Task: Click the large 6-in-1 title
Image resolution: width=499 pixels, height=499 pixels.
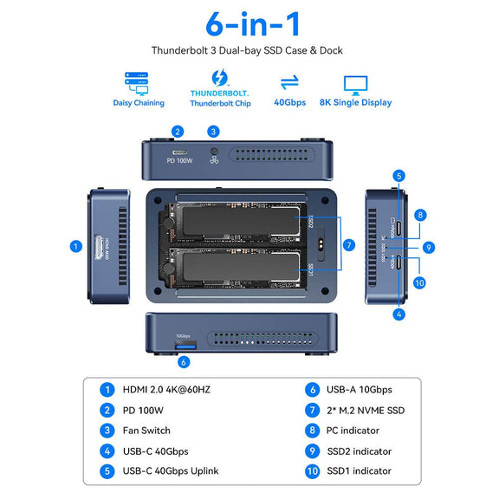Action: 249,23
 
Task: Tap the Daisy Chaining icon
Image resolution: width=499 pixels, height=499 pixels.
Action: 137,82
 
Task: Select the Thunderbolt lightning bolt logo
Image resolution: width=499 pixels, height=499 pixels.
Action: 218,78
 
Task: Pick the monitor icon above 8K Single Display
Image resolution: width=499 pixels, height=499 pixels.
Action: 355,84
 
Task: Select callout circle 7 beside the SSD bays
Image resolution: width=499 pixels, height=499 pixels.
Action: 347,245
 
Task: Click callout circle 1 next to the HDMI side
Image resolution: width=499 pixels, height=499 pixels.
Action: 75,246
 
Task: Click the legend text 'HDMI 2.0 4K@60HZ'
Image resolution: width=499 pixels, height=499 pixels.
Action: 167,389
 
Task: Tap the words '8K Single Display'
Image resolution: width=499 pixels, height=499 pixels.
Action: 355,102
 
